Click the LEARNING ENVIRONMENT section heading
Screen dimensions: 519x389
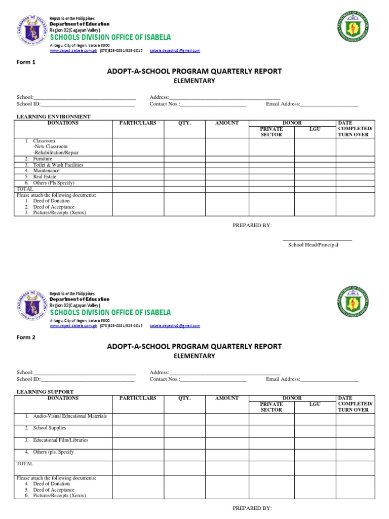tap(54, 117)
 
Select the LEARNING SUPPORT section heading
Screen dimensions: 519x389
tap(45, 392)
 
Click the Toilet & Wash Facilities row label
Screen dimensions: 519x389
tap(58, 165)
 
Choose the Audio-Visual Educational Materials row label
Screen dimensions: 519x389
tap(70, 416)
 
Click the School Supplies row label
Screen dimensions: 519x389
tap(50, 428)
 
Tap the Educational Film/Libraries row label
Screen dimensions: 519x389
tap(60, 440)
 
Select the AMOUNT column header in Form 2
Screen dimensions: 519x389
tap(227, 398)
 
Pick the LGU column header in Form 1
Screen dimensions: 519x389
tap(315, 129)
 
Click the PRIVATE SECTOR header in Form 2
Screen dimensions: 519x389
tap(271, 406)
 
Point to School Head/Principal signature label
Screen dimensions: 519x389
tap(313, 245)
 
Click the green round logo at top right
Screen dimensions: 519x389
tap(353, 27)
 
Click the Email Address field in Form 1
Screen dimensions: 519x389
tap(329, 104)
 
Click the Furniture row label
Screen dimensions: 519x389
tap(43, 159)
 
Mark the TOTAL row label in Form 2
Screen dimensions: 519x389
tap(25, 464)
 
